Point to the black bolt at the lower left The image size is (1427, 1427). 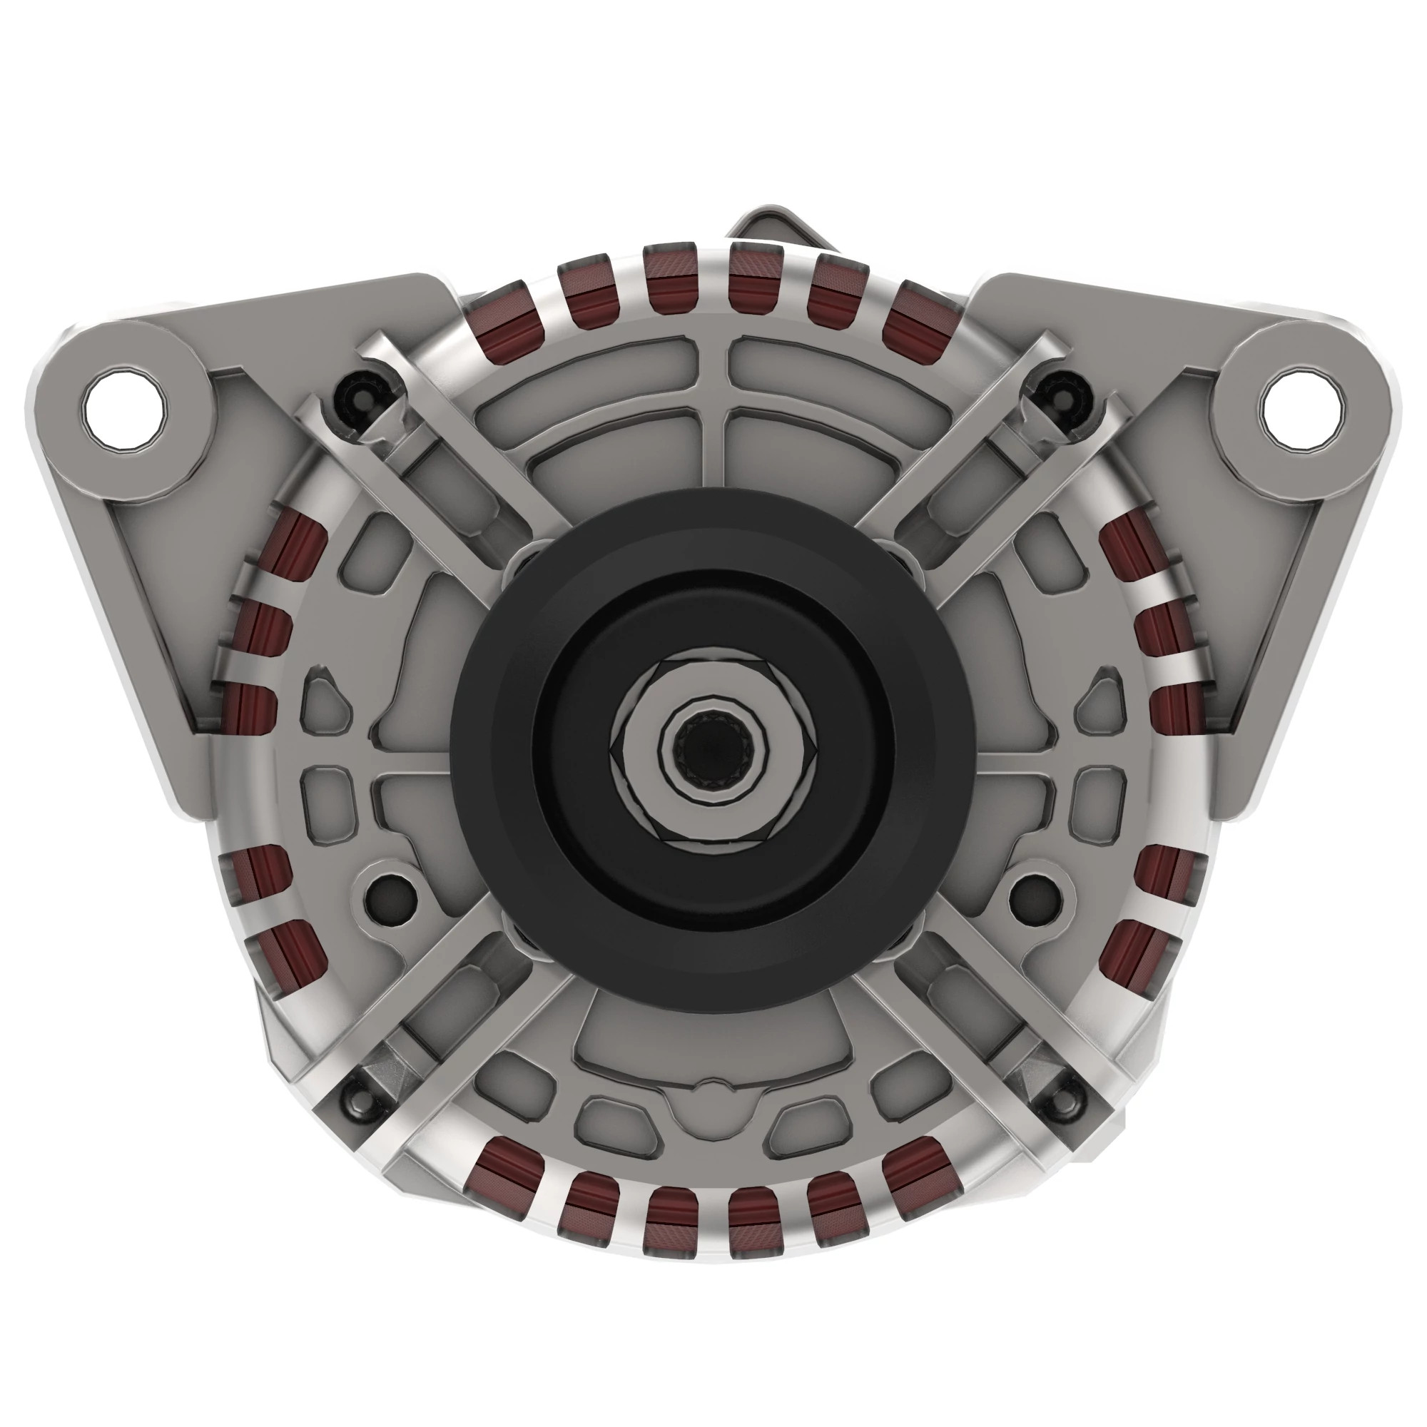pos(356,1106)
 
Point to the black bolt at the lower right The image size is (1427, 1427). pos(1065,1106)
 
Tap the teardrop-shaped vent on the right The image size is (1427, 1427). pos(1100,694)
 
